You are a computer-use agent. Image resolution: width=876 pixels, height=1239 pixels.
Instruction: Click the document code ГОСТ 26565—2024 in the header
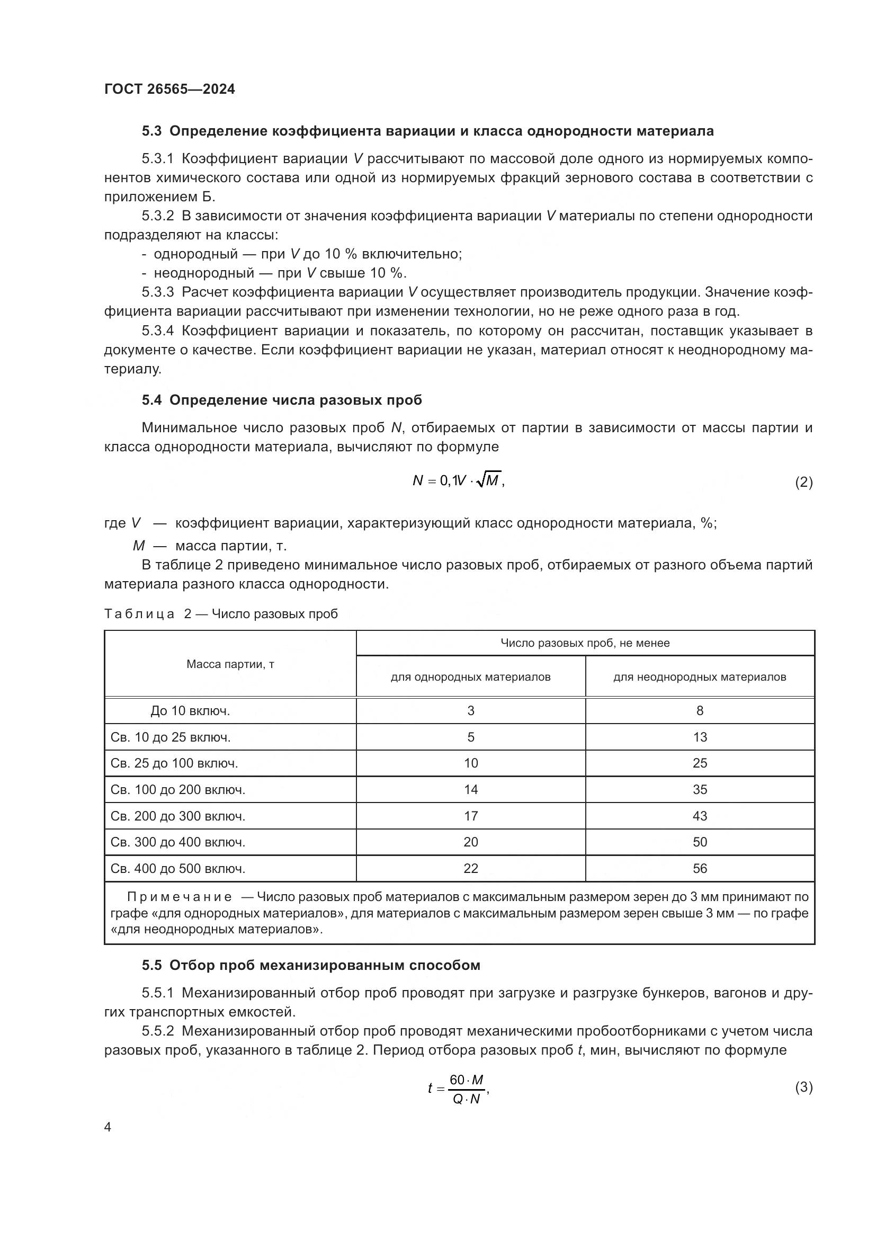(169, 89)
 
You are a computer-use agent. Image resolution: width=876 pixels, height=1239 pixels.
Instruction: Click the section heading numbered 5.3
(427, 131)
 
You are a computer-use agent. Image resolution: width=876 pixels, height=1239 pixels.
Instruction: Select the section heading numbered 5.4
(282, 400)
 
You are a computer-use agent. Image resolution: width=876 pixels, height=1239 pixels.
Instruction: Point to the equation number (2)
(803, 482)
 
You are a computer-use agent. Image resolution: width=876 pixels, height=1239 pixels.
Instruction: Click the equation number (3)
(803, 1087)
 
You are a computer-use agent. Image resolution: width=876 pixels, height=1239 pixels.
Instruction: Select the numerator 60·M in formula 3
(467, 1079)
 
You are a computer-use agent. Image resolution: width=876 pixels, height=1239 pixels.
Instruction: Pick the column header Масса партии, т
(230, 664)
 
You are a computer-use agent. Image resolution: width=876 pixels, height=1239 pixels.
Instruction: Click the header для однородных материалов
(470, 676)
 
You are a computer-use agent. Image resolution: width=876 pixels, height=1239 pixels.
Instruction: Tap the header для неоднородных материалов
(700, 676)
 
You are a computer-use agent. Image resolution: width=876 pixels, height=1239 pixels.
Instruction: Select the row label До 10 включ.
(190, 711)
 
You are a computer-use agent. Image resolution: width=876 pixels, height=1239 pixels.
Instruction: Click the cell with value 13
(700, 737)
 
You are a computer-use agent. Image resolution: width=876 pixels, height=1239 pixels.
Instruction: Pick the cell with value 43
(700, 816)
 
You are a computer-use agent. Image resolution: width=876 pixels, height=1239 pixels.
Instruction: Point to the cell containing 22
(470, 868)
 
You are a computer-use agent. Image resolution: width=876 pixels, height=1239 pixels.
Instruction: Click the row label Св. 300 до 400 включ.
(177, 842)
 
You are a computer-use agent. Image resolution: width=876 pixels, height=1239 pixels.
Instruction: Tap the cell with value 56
(700, 868)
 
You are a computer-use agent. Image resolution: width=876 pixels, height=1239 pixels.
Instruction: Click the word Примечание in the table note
(180, 897)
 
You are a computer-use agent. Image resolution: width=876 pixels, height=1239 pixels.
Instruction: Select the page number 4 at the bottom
(108, 1127)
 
